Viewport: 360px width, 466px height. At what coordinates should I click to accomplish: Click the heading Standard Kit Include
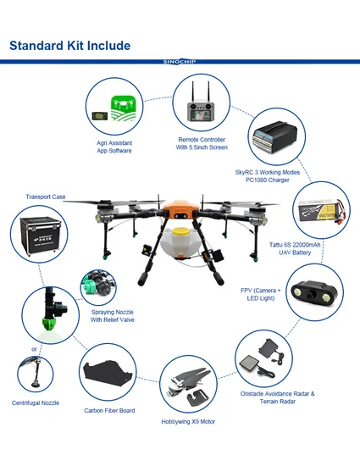[69, 45]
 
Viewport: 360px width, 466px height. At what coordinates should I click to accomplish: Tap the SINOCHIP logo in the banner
[180, 62]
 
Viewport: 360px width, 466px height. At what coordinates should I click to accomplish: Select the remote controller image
[200, 105]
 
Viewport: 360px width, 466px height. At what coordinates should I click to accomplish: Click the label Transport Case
[46, 197]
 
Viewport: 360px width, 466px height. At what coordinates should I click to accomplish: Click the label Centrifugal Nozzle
[35, 402]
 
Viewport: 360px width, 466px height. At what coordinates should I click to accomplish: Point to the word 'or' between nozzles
[34, 348]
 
